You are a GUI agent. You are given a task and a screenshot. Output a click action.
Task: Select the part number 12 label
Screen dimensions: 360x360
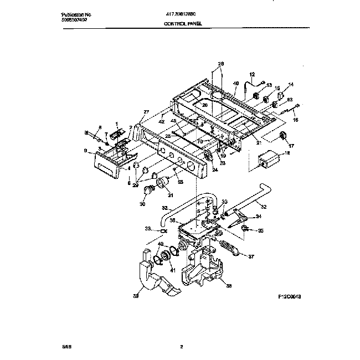point(252,74)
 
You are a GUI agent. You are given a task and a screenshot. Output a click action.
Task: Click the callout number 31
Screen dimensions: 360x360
point(169,194)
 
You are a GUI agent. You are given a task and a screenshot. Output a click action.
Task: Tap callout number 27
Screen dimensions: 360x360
point(146,112)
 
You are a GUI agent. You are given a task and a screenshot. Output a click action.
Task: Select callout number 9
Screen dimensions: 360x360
point(85,151)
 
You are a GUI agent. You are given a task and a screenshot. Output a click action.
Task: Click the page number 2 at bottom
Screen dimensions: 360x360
point(181,348)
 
